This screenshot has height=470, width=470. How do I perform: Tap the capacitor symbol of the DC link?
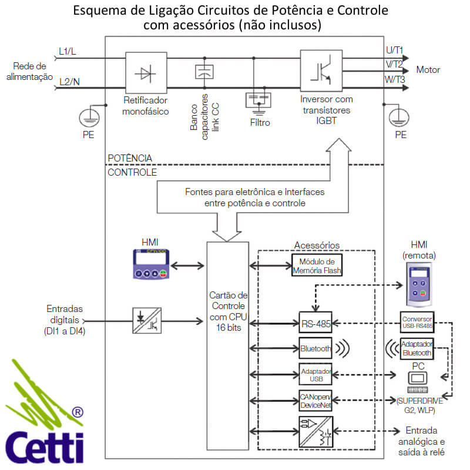pyautogui.click(x=203, y=72)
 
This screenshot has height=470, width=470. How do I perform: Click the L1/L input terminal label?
pyautogui.click(x=68, y=52)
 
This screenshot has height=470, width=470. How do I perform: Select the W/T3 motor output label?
pyautogui.click(x=394, y=79)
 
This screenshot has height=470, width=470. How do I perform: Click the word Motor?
pyautogui.click(x=428, y=70)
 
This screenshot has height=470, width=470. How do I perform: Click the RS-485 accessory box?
pyautogui.click(x=315, y=323)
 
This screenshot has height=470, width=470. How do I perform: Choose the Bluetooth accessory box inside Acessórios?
pyautogui.click(x=315, y=348)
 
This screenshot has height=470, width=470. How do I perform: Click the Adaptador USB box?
pyautogui.click(x=315, y=375)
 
